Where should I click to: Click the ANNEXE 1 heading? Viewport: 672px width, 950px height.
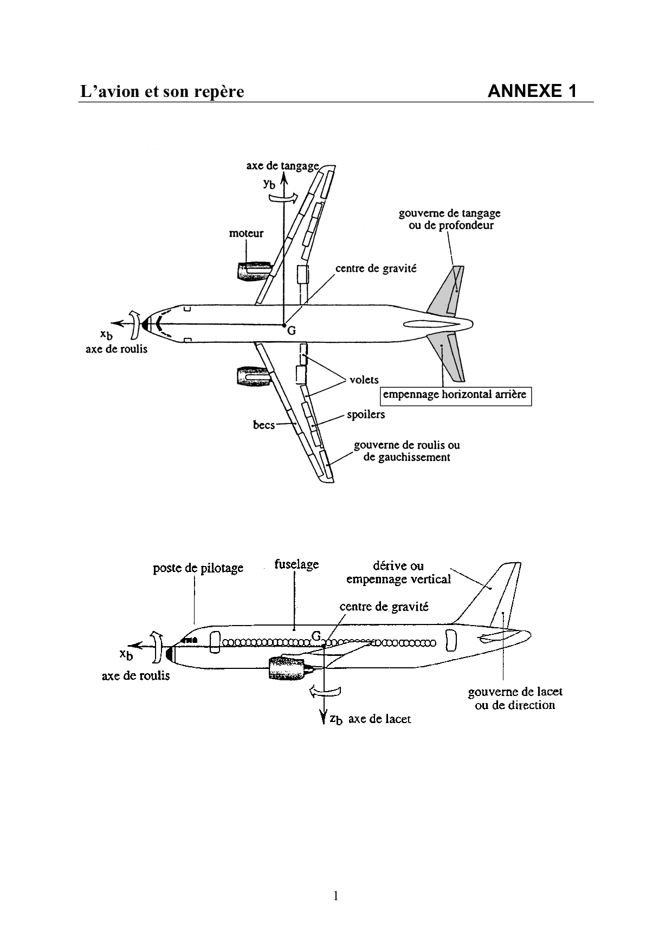[532, 91]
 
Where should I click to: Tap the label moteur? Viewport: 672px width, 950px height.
[246, 233]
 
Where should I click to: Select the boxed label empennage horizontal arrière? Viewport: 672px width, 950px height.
[454, 395]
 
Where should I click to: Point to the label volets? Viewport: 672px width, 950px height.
[364, 380]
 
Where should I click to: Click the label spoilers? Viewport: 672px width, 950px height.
[366, 414]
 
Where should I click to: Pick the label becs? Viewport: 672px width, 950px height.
[264, 425]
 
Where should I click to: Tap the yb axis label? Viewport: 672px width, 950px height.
[269, 184]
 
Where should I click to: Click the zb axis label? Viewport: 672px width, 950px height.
[336, 719]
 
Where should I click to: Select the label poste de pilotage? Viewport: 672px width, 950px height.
[198, 568]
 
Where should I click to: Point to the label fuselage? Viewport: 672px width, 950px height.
[296, 564]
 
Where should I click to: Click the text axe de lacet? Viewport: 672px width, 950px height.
[379, 719]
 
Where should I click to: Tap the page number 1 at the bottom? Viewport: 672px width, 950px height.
[335, 896]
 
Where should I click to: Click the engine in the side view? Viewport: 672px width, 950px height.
[287, 667]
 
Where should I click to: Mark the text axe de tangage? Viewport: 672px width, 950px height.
[282, 166]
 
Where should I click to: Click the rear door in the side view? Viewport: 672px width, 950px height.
[451, 641]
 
